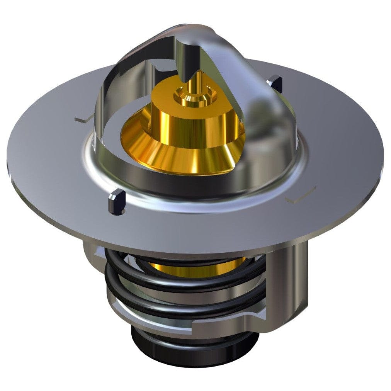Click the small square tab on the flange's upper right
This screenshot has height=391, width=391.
[x=275, y=83]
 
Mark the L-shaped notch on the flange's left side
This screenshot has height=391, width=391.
[x=83, y=119]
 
